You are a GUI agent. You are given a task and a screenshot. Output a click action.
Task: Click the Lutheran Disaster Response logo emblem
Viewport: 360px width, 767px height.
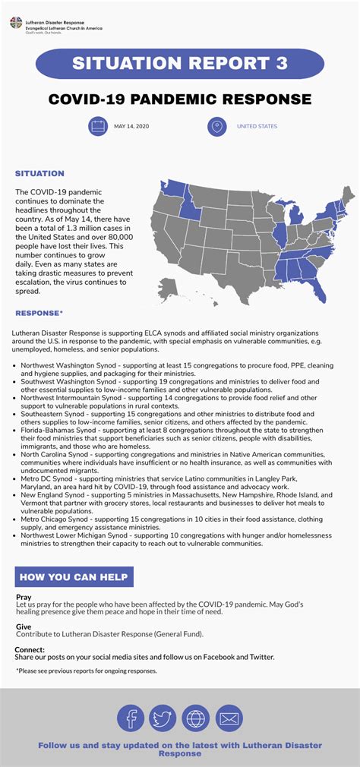(x=16, y=23)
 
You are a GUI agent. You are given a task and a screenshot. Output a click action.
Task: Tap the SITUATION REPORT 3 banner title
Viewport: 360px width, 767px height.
(x=179, y=64)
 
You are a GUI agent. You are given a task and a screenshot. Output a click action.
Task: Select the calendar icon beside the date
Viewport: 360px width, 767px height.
(x=98, y=126)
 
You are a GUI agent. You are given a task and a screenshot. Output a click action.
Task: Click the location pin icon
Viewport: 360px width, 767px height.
(x=216, y=126)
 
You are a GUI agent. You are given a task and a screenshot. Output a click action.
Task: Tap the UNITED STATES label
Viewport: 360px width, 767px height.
(x=257, y=126)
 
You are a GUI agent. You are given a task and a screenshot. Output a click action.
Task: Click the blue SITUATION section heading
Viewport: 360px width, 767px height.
(x=39, y=174)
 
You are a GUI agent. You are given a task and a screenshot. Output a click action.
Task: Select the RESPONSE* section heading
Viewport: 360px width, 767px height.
(x=39, y=313)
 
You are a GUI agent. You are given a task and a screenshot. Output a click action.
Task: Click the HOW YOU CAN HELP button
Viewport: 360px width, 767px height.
(x=74, y=576)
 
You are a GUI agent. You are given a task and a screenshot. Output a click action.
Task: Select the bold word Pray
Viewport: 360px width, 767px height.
(x=24, y=597)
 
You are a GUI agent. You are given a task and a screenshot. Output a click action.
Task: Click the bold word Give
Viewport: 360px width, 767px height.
(x=24, y=627)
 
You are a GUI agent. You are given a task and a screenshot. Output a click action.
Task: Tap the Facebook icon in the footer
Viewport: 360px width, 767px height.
(x=131, y=718)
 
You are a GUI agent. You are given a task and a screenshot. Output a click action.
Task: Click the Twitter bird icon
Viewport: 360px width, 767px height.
(x=163, y=718)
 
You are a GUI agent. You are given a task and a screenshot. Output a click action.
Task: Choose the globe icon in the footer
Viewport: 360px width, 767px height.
(x=196, y=718)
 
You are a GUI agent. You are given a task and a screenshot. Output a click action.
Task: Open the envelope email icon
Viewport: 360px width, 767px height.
(x=229, y=718)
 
